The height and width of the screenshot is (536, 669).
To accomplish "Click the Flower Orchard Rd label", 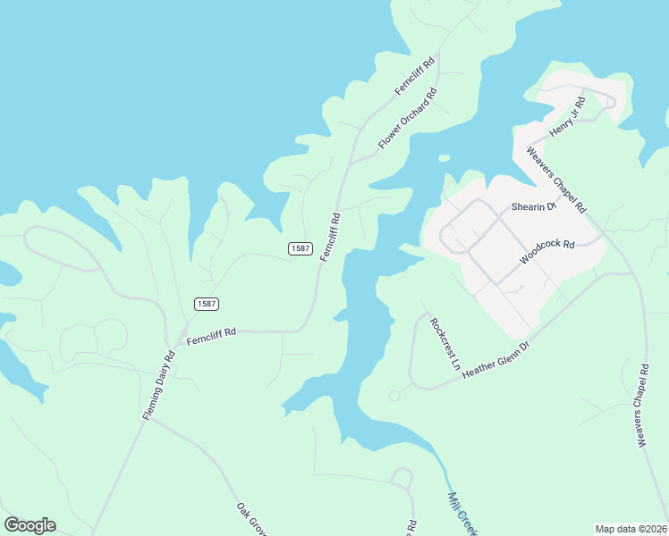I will [407, 118].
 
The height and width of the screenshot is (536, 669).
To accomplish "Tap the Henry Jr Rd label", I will [567, 115].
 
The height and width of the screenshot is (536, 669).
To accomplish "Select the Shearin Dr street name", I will [533, 206].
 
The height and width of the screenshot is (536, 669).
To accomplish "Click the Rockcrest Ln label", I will [444, 345].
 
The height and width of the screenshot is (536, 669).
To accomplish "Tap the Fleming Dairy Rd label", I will [159, 385].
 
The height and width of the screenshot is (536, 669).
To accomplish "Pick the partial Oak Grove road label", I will [252, 519].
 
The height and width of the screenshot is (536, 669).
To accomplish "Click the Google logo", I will [30, 525].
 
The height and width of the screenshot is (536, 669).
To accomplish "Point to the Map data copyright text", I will [631, 529].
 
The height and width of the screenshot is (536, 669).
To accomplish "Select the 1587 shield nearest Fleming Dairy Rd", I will [207, 305].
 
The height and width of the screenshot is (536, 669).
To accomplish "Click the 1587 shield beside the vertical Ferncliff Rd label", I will [300, 248].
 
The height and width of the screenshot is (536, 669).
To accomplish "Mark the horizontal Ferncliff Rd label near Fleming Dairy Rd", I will [211, 336].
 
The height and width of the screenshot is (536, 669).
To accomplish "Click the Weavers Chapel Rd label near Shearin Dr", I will [556, 179].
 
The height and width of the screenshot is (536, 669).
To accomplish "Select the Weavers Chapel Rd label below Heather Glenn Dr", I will [643, 405].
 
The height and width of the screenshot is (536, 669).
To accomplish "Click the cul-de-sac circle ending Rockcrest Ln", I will [394, 395].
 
